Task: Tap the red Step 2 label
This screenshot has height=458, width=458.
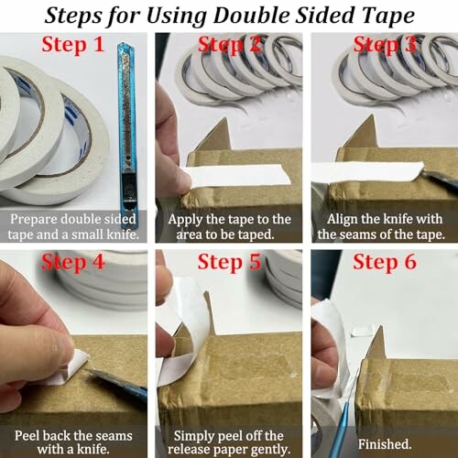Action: pyautogui.click(x=229, y=45)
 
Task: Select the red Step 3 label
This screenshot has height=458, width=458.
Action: pyautogui.click(x=384, y=45)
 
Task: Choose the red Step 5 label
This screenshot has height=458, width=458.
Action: pyautogui.click(x=229, y=265)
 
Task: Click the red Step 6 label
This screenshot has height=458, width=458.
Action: pyautogui.click(x=385, y=265)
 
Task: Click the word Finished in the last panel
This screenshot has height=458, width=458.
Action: pyautogui.click(x=385, y=442)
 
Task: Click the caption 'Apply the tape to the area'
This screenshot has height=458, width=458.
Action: pyautogui.click(x=229, y=226)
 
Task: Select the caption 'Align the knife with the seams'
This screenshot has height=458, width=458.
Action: pyautogui.click(x=385, y=226)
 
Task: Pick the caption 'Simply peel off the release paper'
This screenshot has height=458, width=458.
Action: pyautogui.click(x=229, y=442)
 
